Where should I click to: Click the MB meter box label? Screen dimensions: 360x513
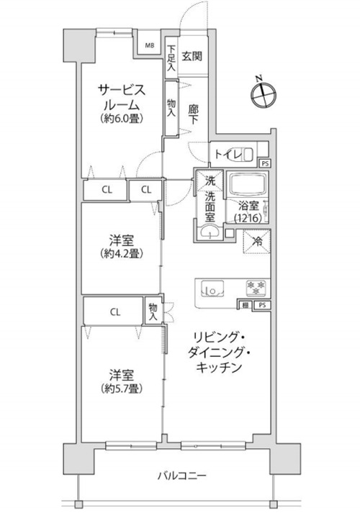[x=150, y=45]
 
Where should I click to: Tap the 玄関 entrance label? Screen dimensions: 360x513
[x=192, y=56]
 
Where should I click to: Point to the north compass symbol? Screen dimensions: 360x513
[x=264, y=95]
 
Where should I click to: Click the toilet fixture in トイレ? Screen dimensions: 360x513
[x=243, y=155]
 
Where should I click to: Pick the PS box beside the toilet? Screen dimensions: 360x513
[x=264, y=163]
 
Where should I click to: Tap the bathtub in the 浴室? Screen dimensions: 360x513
[x=248, y=184]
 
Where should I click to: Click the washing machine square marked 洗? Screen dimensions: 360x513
[x=209, y=180]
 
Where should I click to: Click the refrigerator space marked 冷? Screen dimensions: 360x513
[x=257, y=242]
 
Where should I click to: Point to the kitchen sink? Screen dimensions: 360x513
[x=212, y=289]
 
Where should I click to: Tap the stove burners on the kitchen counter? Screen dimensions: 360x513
[x=256, y=287]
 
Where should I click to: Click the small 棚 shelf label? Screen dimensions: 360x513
[x=245, y=305]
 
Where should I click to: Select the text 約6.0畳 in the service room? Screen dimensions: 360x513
[x=122, y=119]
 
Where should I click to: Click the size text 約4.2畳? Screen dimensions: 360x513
[x=121, y=254]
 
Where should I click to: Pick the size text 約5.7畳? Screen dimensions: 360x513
[x=122, y=389]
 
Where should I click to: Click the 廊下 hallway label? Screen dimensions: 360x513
[x=193, y=114]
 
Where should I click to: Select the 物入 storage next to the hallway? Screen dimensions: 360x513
[x=171, y=108]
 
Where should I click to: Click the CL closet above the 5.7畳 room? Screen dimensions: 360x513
[x=114, y=311]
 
